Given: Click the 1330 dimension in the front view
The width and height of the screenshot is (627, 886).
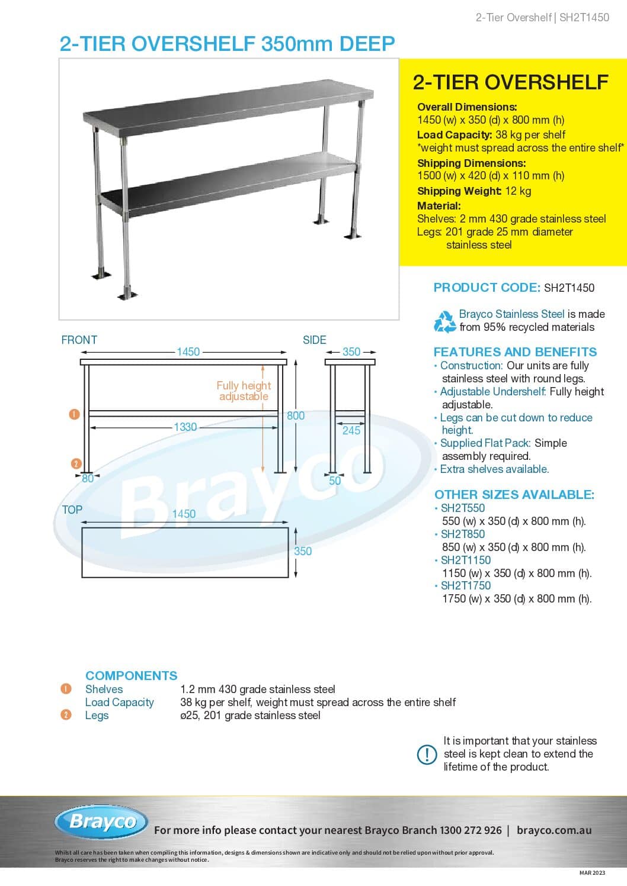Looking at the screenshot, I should pyautogui.click(x=185, y=427).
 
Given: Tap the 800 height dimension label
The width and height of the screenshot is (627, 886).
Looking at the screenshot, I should pyautogui.click(x=296, y=416).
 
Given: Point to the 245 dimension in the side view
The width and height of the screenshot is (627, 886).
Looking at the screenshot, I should pyautogui.click(x=351, y=431).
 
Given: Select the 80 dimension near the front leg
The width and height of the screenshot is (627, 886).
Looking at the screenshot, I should pyautogui.click(x=88, y=479).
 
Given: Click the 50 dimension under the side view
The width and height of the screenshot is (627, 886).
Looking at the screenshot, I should pyautogui.click(x=335, y=481).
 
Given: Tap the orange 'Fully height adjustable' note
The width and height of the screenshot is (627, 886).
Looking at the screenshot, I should pyautogui.click(x=244, y=391).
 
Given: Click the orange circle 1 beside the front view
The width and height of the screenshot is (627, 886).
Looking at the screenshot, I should pyautogui.click(x=75, y=414).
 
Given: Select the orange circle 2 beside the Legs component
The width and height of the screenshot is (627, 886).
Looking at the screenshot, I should pyautogui.click(x=66, y=715).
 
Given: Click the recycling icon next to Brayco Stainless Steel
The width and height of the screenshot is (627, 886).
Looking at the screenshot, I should pyautogui.click(x=444, y=321).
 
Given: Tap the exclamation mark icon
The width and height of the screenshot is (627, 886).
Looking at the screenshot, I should pyautogui.click(x=427, y=754).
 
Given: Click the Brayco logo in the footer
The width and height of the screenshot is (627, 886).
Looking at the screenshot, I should pyautogui.click(x=102, y=821).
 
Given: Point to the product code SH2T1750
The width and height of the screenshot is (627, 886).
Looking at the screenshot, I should pyautogui.click(x=466, y=586).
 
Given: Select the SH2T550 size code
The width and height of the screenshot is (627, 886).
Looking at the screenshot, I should pyautogui.click(x=462, y=508).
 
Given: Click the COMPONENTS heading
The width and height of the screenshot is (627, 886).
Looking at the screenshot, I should pyautogui.click(x=131, y=676).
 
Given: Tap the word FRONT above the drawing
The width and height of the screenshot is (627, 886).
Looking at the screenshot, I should pyautogui.click(x=79, y=340).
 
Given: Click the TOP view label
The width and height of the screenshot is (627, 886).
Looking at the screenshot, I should pyautogui.click(x=72, y=510).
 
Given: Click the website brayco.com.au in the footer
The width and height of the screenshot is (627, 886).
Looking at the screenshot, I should pyautogui.click(x=554, y=830).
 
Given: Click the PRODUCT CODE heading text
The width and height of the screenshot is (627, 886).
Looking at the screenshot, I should pyautogui.click(x=487, y=288).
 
